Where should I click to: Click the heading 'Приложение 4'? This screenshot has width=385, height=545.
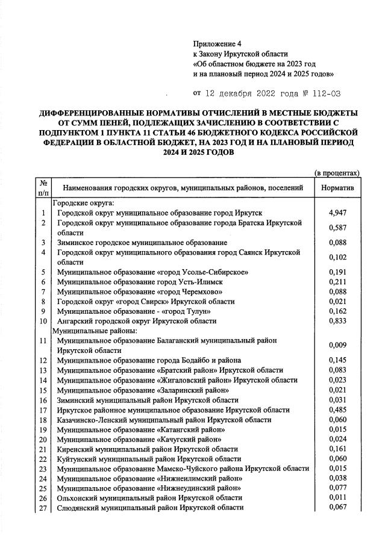217,44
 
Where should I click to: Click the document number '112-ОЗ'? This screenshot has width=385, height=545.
328,93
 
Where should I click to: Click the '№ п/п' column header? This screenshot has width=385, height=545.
43,188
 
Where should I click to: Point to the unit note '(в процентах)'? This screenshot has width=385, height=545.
337,173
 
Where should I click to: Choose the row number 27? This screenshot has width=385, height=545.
43,508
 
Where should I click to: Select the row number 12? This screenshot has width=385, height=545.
43,360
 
